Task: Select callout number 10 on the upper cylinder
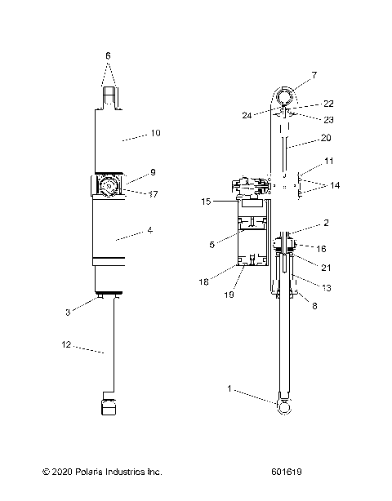pyautogui.click(x=156, y=131)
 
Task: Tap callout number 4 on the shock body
pyautogui.click(x=150, y=231)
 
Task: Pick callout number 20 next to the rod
pyautogui.click(x=326, y=137)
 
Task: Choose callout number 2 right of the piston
pyautogui.click(x=325, y=223)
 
